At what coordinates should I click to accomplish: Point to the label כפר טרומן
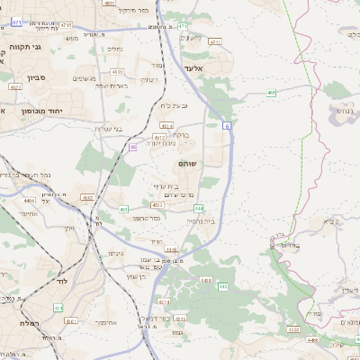pos(136,218)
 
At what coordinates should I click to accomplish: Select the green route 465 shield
pos(271,92)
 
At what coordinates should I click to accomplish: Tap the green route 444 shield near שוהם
pos(198,208)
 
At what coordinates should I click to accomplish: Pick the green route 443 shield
pos(222,286)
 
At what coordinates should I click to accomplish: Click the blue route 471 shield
pos(17,34)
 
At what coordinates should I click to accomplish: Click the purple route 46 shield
pos(132,147)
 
